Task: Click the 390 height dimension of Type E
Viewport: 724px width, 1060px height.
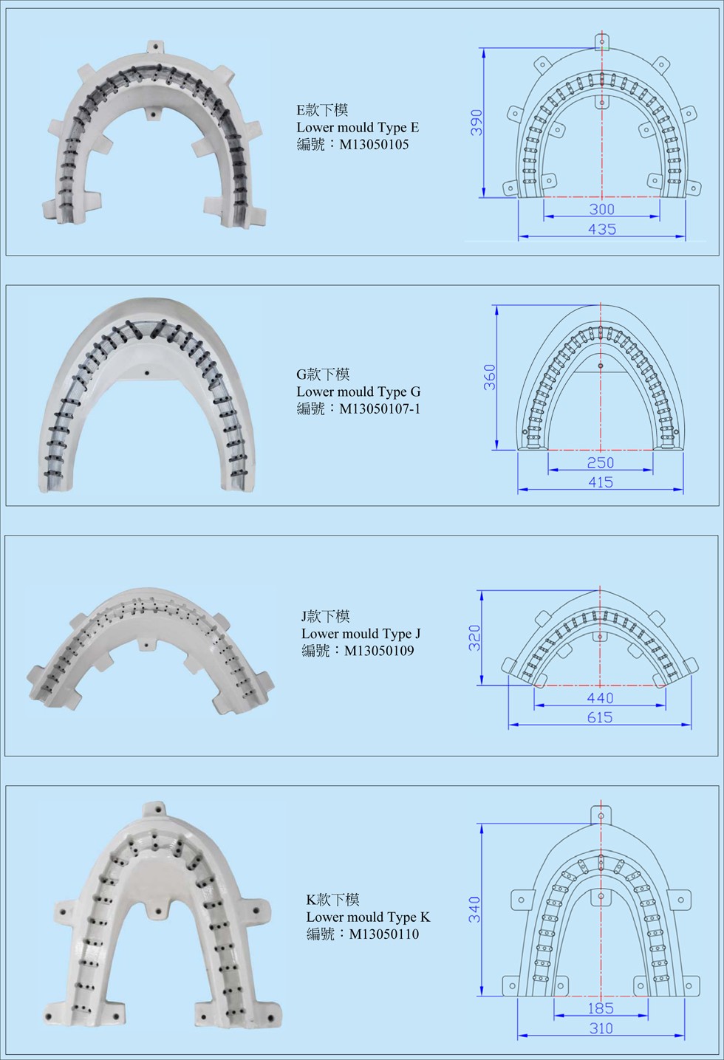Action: pos(477,123)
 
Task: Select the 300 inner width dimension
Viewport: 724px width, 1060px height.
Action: pos(602,209)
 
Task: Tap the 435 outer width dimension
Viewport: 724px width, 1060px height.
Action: pos(602,229)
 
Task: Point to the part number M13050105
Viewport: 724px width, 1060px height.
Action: pos(374,144)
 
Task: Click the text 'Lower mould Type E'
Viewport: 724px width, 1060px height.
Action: pos(358,127)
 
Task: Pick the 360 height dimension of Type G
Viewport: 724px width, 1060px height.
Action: pos(490,377)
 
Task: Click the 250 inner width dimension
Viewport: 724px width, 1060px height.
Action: pos(601,462)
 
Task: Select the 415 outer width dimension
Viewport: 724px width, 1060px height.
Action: pos(601,482)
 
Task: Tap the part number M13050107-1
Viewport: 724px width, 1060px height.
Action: pos(380,408)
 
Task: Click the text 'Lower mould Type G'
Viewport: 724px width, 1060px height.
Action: pos(359,391)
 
